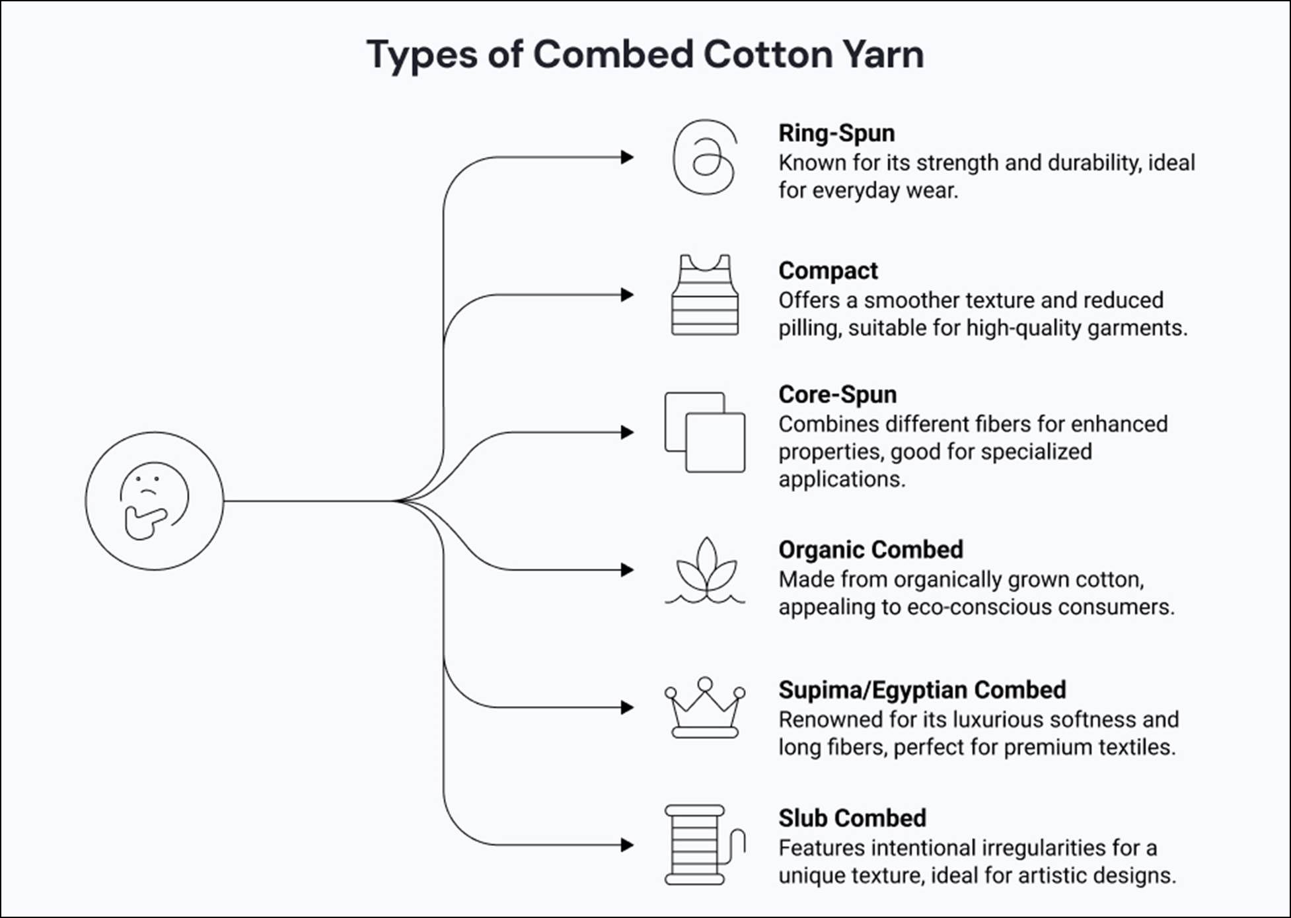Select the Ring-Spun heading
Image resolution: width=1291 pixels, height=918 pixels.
(836, 133)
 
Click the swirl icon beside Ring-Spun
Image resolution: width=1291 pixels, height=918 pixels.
(704, 157)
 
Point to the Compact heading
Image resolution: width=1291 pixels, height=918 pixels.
(828, 270)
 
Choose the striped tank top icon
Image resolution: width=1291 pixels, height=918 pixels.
(705, 295)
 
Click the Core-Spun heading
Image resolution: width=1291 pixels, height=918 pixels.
(837, 394)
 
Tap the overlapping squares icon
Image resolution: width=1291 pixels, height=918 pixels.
(705, 433)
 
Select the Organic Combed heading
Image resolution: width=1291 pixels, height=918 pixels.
(870, 549)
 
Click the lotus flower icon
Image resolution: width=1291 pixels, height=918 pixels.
(705, 570)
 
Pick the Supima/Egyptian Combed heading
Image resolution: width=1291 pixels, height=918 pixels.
(922, 689)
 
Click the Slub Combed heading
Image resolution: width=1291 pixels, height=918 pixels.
(852, 818)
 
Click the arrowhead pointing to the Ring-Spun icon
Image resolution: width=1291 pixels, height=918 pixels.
(627, 157)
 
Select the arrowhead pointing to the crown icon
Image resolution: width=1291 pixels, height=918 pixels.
(627, 707)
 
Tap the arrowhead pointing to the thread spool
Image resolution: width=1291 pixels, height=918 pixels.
(627, 845)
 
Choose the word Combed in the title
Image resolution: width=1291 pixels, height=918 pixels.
(613, 54)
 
